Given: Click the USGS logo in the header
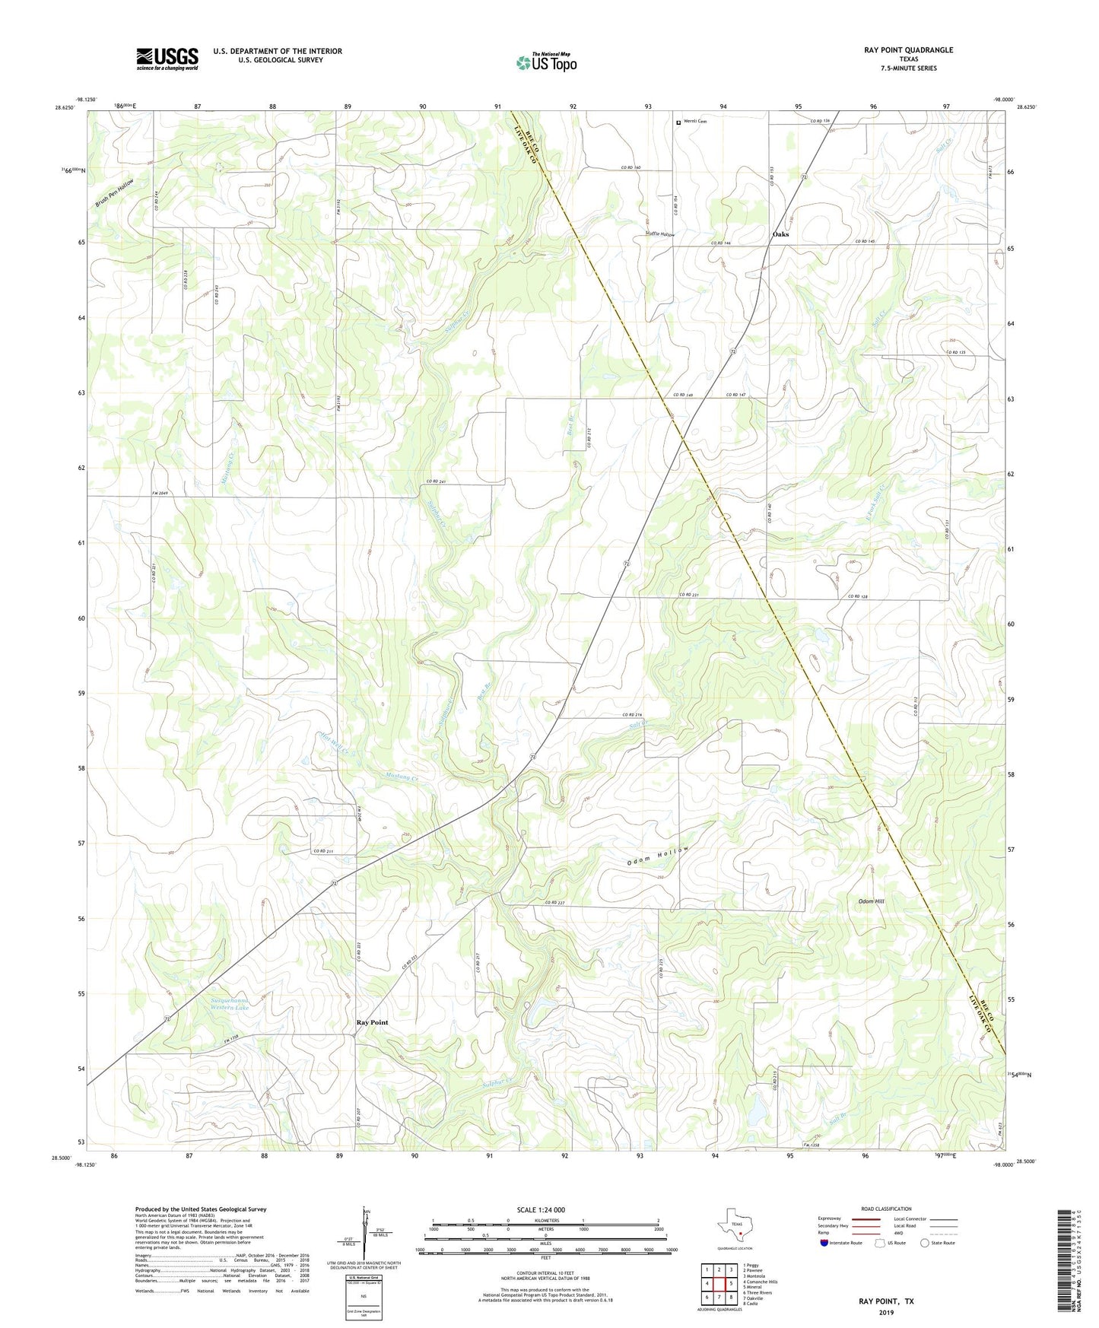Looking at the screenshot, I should (167, 59).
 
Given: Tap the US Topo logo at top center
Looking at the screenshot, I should (546, 62).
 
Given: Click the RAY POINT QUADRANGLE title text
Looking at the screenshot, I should (908, 50).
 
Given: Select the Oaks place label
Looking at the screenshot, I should (780, 234).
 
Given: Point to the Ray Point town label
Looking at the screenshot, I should (372, 1022).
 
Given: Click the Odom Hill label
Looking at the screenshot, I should (871, 901).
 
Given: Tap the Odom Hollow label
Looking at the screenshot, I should (659, 856).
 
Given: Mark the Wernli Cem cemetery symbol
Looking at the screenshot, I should (678, 121).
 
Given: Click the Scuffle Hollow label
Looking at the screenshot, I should (659, 234).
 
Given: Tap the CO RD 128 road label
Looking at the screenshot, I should (858, 596).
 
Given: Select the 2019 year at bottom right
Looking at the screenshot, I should (886, 1312).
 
